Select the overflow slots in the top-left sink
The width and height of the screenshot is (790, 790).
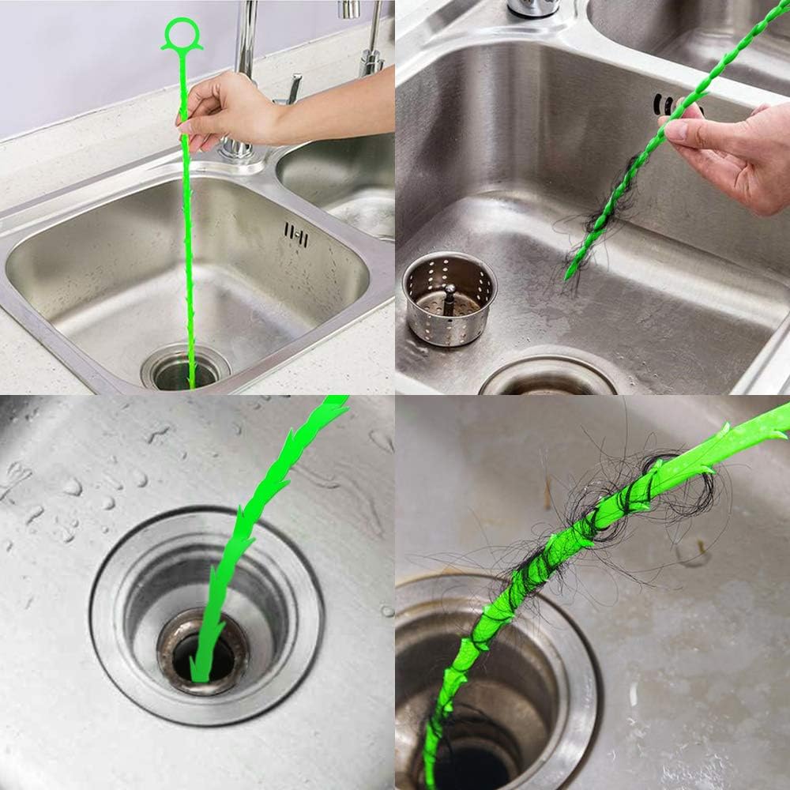click(295, 235)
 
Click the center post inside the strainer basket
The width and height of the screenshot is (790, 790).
click(450, 299)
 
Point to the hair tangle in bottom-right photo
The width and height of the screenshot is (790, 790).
click(600, 513)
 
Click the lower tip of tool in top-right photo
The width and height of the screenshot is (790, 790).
click(569, 276)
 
